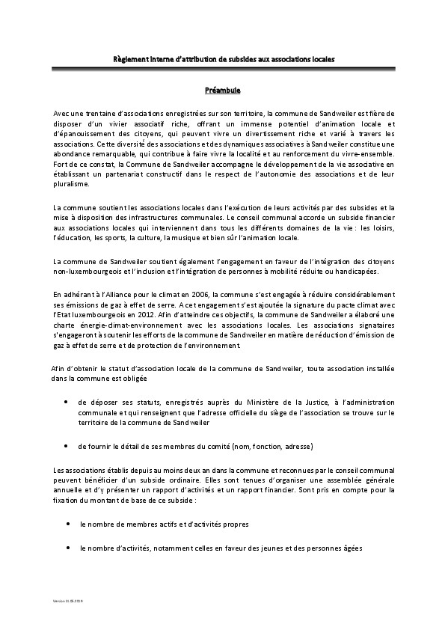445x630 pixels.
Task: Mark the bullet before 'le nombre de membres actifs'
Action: pyautogui.click(x=70, y=525)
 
